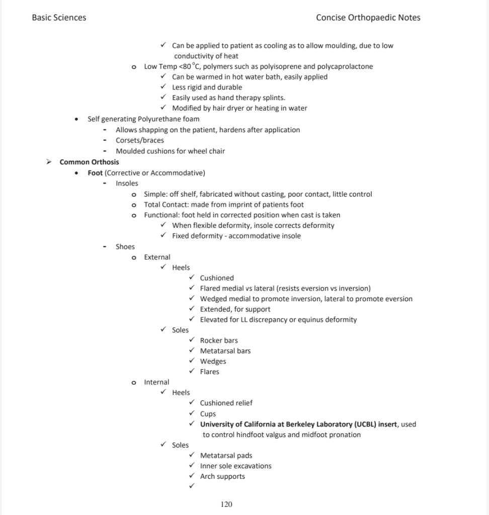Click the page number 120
226,504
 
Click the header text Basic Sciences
59,18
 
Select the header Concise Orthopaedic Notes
368,18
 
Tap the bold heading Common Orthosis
89,162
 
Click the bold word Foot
95,173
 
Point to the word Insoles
127,184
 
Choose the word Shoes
125,246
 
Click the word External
157,257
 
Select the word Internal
156,382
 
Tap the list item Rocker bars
219,340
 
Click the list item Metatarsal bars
225,351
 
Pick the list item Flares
210,372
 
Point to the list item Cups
208,414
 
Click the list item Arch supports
222,476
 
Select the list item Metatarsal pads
226,456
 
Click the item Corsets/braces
140,140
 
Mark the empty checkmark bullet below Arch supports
192,486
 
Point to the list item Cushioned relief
226,403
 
